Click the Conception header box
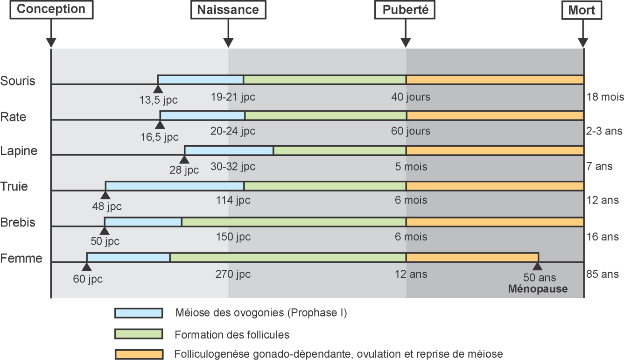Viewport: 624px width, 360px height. [51, 9]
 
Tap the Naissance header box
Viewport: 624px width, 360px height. [228, 10]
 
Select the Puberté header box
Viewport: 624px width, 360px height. [405, 10]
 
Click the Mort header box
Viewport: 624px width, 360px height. [582, 10]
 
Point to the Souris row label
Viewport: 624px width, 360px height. [18, 81]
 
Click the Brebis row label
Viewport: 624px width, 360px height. [18, 222]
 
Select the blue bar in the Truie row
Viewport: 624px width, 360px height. [175, 186]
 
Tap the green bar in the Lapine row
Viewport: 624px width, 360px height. [339, 150]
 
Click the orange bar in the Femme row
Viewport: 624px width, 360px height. [472, 257]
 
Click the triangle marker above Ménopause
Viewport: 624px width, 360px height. [538, 266]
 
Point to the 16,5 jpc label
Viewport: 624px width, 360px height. [160, 137]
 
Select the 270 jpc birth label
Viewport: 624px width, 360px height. [233, 274]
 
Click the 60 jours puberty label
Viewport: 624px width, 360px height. [411, 131]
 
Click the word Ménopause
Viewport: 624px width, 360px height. [538, 289]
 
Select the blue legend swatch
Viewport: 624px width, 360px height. [138, 313]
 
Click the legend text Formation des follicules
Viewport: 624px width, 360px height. [232, 335]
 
